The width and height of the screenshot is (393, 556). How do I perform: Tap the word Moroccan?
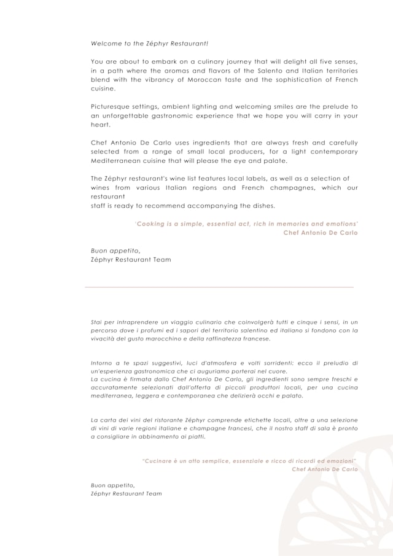(x=210, y=80)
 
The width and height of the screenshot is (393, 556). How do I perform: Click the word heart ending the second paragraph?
(x=101, y=124)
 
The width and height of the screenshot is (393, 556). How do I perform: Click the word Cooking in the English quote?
(x=150, y=224)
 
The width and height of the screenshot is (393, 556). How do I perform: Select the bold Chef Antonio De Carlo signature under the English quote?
(x=320, y=233)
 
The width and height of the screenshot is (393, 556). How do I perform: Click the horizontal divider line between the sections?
(x=219, y=287)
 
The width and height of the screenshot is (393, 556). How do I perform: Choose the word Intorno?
(x=102, y=363)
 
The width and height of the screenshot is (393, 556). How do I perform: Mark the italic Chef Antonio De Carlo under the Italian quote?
(x=324, y=469)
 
